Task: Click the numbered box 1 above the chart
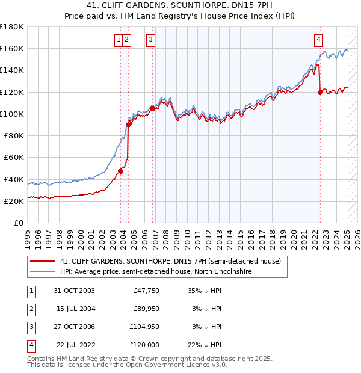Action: click(119, 40)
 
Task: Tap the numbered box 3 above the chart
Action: click(150, 40)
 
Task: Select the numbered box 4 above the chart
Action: click(318, 40)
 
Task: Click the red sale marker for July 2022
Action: click(320, 92)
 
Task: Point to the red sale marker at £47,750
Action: click(121, 171)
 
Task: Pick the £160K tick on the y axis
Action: click(13, 48)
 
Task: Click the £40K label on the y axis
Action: click(14, 179)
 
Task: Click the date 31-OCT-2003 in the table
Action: click(74, 291)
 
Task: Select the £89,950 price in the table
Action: click(145, 309)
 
